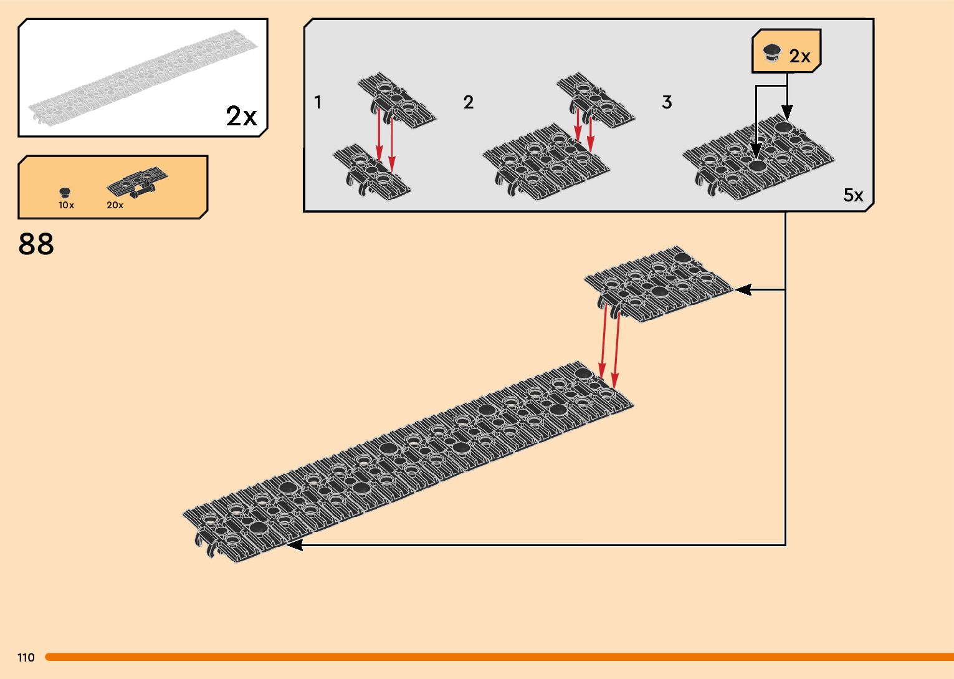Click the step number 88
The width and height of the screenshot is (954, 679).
pyautogui.click(x=36, y=244)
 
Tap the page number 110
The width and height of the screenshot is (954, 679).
pyautogui.click(x=26, y=658)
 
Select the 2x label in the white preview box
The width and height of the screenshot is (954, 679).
pyautogui.click(x=241, y=116)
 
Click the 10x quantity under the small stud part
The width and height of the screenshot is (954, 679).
pyautogui.click(x=66, y=205)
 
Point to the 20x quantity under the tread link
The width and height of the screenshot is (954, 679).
pyautogui.click(x=115, y=205)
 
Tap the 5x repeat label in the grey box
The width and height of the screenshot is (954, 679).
pyautogui.click(x=853, y=195)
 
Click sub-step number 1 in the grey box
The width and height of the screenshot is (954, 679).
pyautogui.click(x=318, y=102)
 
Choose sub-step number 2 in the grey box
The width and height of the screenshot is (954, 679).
pyautogui.click(x=469, y=102)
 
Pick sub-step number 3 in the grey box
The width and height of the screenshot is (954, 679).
pyautogui.click(x=667, y=102)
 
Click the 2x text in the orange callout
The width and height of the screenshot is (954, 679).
pyautogui.click(x=799, y=57)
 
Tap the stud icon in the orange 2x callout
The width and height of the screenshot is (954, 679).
pyautogui.click(x=773, y=53)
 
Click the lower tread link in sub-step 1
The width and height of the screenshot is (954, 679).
pyautogui.click(x=371, y=171)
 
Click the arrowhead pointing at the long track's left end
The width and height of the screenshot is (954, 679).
pyautogui.click(x=293, y=545)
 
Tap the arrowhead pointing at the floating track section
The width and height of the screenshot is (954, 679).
pyautogui.click(x=743, y=289)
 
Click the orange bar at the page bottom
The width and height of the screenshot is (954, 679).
pyautogui.click(x=498, y=657)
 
